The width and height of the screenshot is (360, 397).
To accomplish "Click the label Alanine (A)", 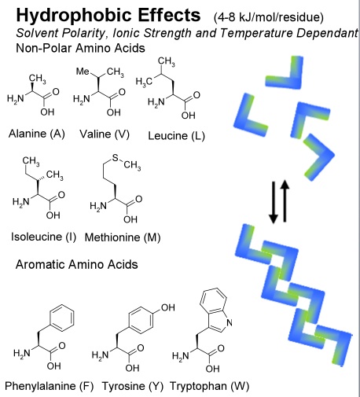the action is (37, 134).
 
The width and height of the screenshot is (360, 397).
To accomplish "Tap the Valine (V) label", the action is (105, 134).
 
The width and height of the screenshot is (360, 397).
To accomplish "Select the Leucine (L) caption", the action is (176, 136).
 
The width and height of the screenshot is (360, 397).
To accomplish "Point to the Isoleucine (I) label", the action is (43, 237).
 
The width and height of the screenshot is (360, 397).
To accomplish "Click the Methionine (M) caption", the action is (123, 237).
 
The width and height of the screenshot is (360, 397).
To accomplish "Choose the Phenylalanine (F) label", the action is (50, 386).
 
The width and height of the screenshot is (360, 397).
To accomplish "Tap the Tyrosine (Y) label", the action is (133, 386).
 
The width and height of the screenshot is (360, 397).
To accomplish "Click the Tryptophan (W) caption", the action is (210, 386).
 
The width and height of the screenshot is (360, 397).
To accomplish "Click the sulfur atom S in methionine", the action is (116, 157).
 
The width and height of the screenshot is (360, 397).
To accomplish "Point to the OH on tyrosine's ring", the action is (168, 307).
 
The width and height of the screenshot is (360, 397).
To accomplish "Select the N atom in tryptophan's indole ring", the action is (230, 322).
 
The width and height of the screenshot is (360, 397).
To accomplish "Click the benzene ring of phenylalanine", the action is (61, 318).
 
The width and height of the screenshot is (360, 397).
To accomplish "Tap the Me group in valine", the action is (83, 72).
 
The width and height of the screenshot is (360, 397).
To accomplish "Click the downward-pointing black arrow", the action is (274, 203).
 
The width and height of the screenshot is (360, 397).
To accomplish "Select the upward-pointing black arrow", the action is (285, 200).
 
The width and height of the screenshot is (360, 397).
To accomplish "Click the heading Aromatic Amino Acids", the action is (77, 264).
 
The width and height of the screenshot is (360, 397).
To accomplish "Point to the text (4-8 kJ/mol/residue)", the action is (269, 17).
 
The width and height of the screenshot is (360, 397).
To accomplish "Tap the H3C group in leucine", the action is (144, 82).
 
